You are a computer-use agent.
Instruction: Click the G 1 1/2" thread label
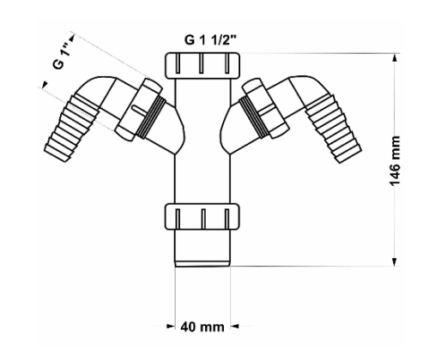click(x=211, y=40)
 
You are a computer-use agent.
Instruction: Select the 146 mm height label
click(x=396, y=161)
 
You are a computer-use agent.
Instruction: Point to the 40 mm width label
click(x=202, y=327)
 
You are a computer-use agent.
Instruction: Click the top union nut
click(x=202, y=65)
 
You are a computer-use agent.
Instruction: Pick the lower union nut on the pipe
click(x=202, y=216)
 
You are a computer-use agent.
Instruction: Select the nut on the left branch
click(x=138, y=110)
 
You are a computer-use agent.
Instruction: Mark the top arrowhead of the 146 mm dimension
click(x=395, y=58)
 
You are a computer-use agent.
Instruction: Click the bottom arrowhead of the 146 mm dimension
click(x=395, y=261)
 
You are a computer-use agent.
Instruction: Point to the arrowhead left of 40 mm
click(x=170, y=326)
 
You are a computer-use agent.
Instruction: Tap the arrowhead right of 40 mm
click(x=235, y=326)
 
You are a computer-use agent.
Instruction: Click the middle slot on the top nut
click(x=202, y=63)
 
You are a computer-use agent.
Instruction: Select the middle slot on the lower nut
click(x=203, y=219)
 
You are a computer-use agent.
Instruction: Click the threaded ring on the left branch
click(x=151, y=117)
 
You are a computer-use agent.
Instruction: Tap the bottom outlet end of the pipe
click(x=202, y=263)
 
